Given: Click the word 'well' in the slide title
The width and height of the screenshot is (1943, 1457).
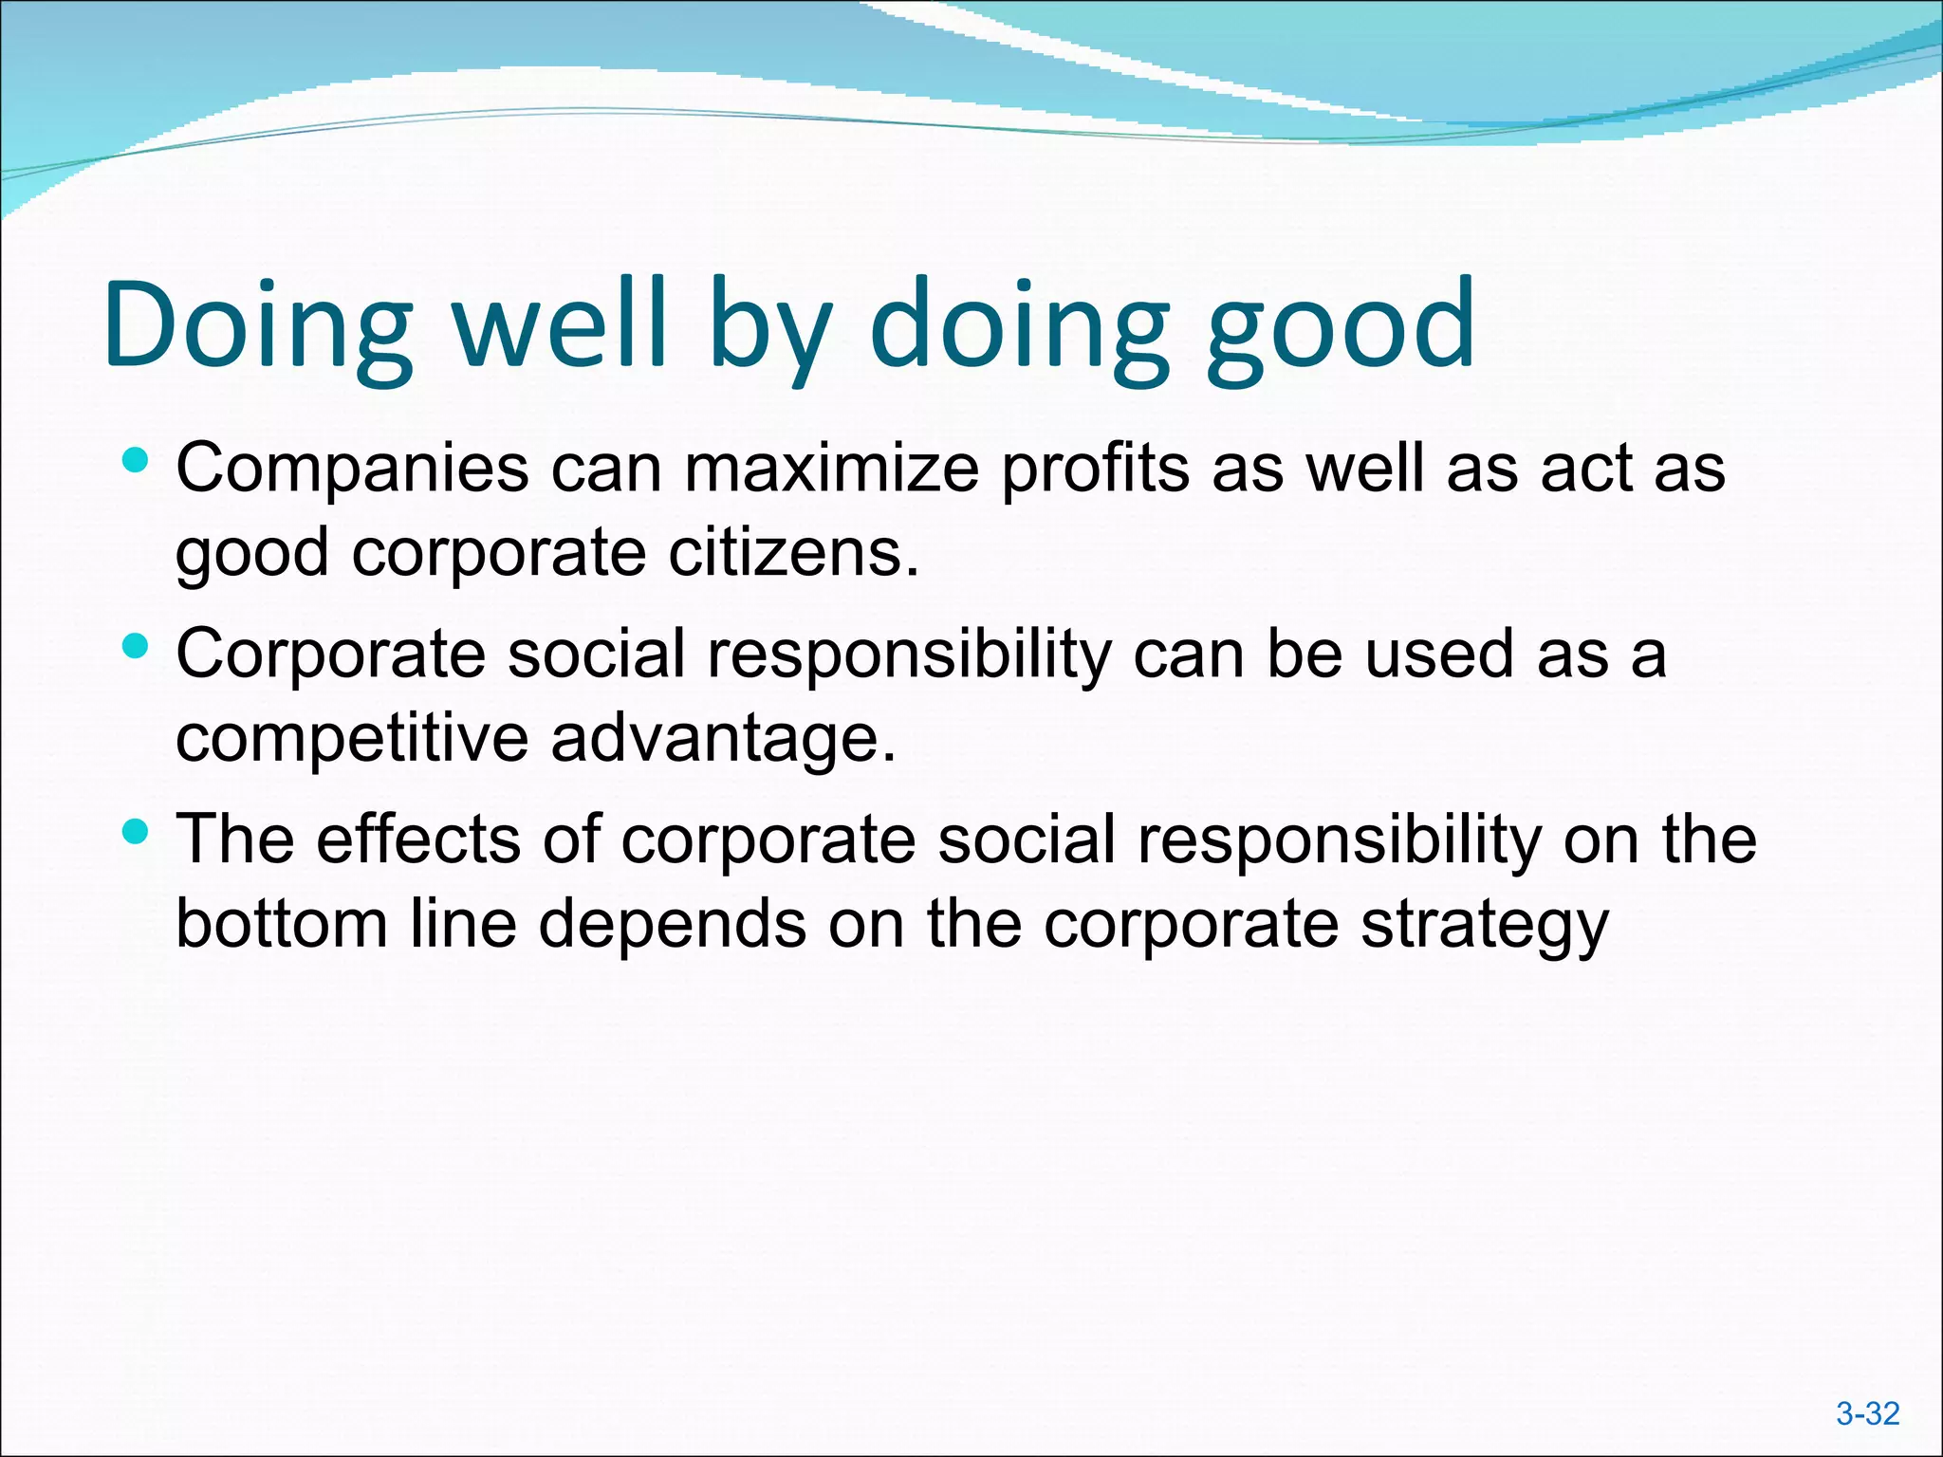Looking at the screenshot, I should [x=561, y=323].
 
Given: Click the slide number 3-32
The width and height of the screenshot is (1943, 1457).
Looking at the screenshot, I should [x=1867, y=1413].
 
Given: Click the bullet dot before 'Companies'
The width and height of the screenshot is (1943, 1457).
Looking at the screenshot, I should [x=137, y=462].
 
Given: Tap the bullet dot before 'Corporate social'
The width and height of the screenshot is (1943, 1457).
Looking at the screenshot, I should [x=137, y=647].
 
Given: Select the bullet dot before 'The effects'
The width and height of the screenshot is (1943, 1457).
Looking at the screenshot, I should [x=137, y=833].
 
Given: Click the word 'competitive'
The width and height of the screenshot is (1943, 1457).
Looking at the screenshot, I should [x=352, y=738].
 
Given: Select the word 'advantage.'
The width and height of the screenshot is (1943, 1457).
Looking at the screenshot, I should [x=724, y=738].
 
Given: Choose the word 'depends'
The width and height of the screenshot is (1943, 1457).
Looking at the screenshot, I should [x=673, y=925].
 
